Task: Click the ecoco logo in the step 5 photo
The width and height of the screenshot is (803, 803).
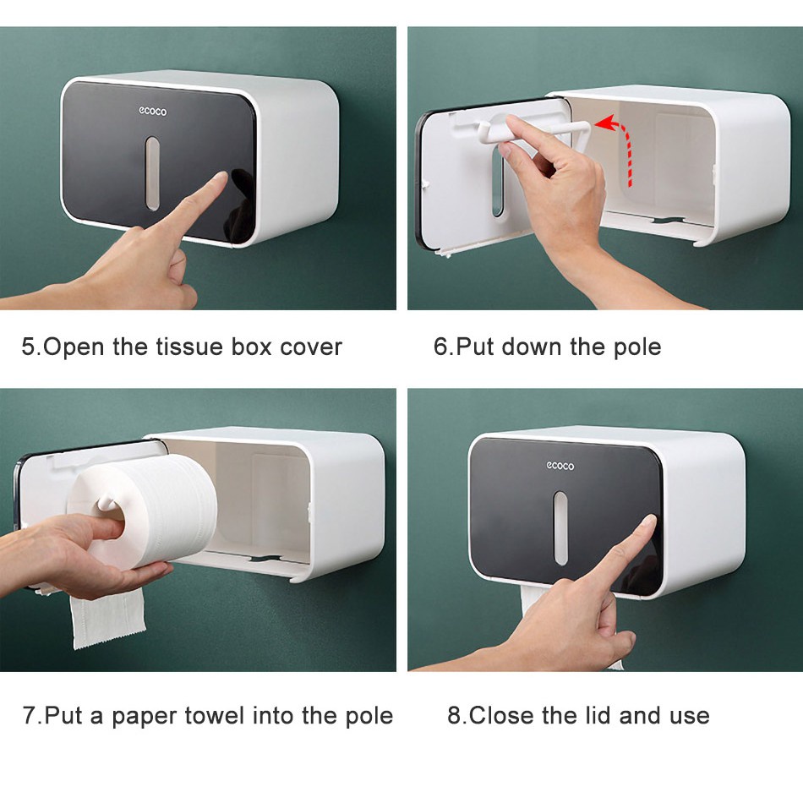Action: pyautogui.click(x=153, y=111)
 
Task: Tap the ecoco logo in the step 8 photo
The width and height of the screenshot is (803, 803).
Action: pyautogui.click(x=560, y=466)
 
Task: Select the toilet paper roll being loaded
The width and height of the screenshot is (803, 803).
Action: pyautogui.click(x=143, y=511)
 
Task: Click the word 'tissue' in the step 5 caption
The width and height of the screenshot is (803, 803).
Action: pyautogui.click(x=189, y=347)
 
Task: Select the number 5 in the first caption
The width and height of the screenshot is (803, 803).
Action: pyautogui.click(x=28, y=347)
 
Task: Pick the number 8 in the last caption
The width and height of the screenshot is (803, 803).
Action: pyautogui.click(x=454, y=715)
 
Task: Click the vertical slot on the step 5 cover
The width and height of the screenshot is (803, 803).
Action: pyautogui.click(x=152, y=173)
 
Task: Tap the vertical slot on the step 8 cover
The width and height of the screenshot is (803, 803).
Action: pyautogui.click(x=560, y=528)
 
